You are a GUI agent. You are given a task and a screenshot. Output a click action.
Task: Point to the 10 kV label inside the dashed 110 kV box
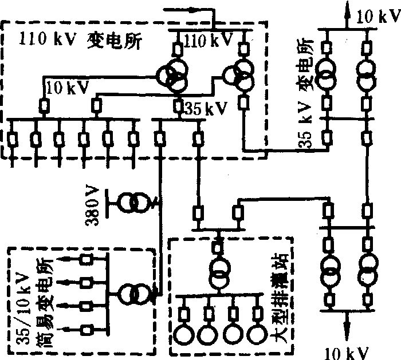pos(67,88)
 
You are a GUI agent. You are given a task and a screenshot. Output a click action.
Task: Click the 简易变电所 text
pos(48,298)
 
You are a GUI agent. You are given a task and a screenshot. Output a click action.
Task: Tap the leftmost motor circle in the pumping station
pos(186,335)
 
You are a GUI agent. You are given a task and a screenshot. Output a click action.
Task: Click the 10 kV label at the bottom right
pos(346,351)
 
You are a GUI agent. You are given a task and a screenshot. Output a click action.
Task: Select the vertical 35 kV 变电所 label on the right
pos(303,109)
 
